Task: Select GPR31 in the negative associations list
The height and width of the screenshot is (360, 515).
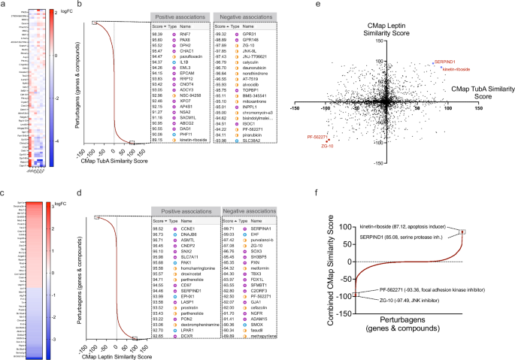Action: (244, 34)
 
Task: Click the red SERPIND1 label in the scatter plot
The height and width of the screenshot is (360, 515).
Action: (444, 62)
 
